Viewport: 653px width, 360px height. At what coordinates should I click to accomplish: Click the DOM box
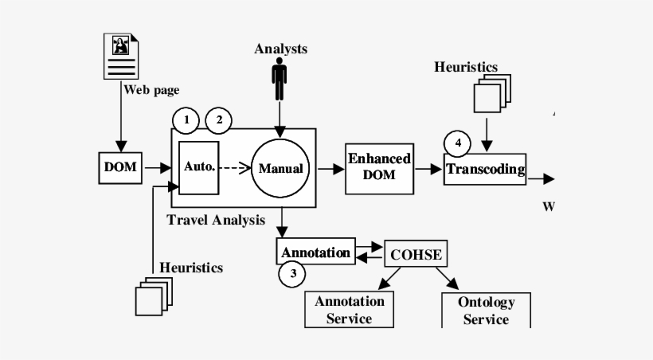(x=120, y=167)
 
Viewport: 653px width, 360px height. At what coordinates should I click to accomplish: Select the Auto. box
(x=198, y=167)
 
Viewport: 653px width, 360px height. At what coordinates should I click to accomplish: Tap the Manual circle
(x=280, y=168)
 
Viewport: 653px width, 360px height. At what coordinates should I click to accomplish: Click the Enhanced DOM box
(x=379, y=167)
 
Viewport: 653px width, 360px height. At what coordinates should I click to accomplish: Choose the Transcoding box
(x=485, y=169)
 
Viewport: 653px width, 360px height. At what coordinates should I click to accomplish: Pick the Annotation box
(x=315, y=252)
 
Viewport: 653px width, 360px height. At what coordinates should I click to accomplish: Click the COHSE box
(x=415, y=254)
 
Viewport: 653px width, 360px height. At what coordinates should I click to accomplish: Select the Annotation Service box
(x=350, y=310)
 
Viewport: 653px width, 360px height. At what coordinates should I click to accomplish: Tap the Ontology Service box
(x=486, y=310)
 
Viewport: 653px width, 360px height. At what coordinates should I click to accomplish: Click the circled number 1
(x=186, y=121)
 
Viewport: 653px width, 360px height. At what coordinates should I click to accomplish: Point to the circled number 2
(x=218, y=121)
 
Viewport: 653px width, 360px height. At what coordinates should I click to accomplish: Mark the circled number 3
(x=292, y=275)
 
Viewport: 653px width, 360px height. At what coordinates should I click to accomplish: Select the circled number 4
(x=457, y=143)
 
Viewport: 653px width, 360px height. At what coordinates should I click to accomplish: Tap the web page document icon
(x=121, y=56)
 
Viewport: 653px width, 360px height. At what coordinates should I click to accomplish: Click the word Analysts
(x=280, y=49)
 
